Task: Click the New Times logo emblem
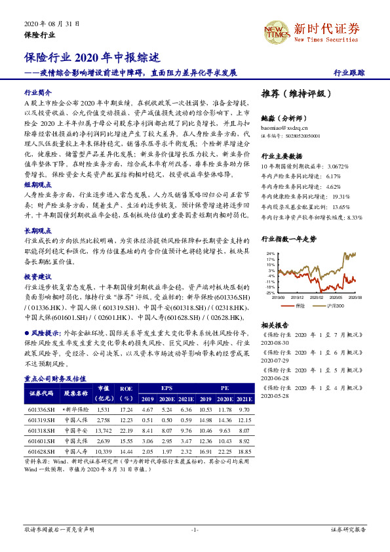[275, 29]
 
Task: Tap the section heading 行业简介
[37, 93]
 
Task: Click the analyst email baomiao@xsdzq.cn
[284, 129]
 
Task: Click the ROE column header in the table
[126, 393]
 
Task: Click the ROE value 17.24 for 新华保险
[126, 408]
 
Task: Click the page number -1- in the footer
[195, 529]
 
